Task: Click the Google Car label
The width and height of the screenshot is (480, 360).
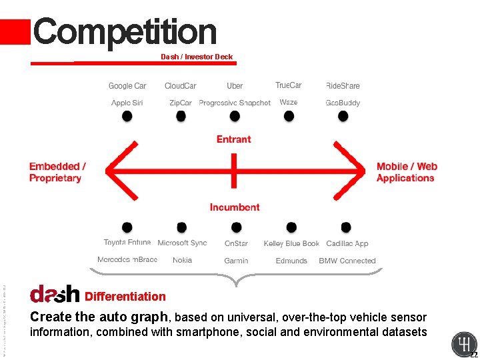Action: coord(127,85)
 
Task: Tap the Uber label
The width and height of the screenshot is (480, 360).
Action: coord(235,85)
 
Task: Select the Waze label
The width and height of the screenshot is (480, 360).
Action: coord(289,102)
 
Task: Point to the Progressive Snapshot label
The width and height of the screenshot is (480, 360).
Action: coord(235,103)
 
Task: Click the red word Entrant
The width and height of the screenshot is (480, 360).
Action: coord(234,139)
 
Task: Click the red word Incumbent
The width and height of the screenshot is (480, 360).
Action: coord(235,207)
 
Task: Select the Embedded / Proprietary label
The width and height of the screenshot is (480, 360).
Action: coord(57,172)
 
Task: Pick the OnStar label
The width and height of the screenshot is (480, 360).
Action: coord(236,243)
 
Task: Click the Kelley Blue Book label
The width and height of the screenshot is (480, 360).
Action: coord(291,243)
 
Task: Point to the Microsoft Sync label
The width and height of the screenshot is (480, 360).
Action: coord(182,243)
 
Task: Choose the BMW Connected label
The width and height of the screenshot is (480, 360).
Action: coord(347,261)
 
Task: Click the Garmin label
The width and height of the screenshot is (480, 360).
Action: coord(236,261)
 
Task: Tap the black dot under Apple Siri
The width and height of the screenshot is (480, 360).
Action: coord(127,116)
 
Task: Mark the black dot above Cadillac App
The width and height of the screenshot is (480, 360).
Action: coord(345,227)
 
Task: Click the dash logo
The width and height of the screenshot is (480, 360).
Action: coord(55,294)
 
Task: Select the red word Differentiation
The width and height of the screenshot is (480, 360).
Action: coord(125,297)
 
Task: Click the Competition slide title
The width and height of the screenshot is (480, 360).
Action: coord(125,32)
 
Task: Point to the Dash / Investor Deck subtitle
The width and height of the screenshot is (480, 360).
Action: coord(197,57)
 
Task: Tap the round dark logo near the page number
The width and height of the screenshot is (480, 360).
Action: coord(463,345)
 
